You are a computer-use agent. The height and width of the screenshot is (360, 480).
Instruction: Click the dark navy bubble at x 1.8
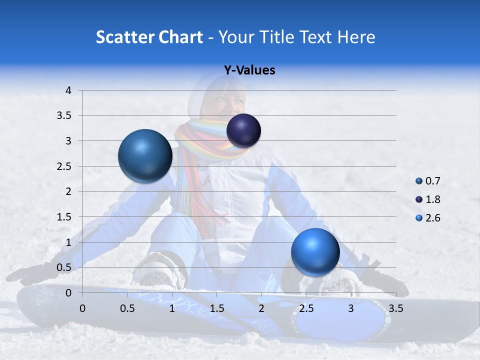point(243,131)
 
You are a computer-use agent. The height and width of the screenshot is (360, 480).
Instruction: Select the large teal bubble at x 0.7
point(145,156)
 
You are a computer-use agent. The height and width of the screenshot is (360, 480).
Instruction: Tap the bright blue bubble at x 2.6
point(315,252)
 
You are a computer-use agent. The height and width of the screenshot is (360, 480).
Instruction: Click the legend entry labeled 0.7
point(427,181)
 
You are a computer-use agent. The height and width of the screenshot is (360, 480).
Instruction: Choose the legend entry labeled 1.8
point(427,199)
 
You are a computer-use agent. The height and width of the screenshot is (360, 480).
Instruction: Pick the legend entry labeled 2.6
point(427,218)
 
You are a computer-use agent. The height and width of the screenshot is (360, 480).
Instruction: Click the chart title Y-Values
point(249,70)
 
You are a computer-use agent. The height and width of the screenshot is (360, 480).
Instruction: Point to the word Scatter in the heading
point(124,37)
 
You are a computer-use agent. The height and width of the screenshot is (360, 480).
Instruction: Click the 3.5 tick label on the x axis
point(395,308)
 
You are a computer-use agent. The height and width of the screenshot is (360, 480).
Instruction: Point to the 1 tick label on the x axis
point(172,308)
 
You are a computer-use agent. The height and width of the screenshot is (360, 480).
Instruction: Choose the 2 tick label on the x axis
point(261,308)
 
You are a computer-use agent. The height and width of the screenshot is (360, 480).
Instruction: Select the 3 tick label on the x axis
point(351,308)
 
